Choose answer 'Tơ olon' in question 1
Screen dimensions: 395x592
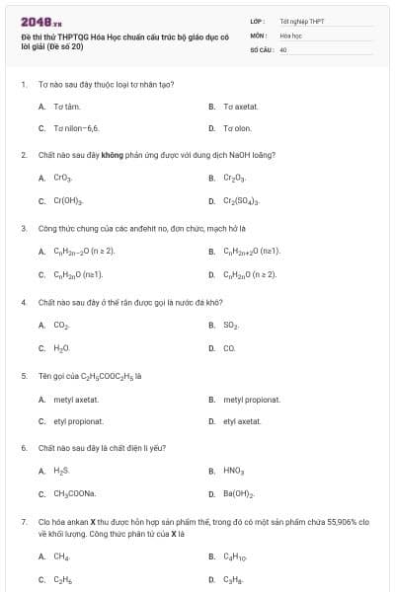237,128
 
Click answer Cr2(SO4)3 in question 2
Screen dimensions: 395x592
242,201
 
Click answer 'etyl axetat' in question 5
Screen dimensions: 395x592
242,421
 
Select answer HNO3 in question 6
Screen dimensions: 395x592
234,471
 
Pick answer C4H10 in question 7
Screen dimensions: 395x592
236,556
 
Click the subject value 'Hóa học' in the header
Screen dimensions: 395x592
290,34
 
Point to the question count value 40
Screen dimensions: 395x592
283,48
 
